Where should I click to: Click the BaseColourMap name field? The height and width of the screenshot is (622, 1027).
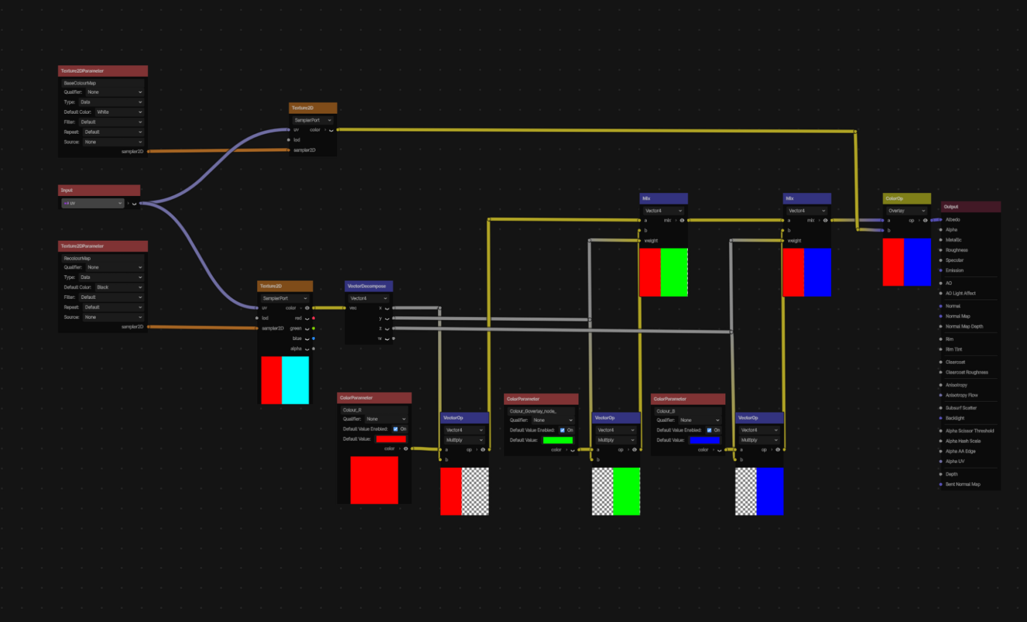pos(102,83)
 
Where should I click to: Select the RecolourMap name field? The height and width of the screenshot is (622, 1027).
pos(102,258)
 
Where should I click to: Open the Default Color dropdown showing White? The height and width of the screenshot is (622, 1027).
pos(119,112)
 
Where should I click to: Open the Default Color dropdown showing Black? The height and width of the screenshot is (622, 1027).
pos(119,287)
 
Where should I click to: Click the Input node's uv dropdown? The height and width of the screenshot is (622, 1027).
pos(92,203)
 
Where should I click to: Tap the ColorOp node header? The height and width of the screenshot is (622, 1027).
pos(906,198)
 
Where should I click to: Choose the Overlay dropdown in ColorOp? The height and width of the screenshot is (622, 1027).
pos(906,211)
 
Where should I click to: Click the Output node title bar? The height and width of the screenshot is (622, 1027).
pos(970,207)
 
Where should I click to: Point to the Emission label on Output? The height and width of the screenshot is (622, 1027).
pos(954,270)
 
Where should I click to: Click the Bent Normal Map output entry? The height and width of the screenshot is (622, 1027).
pos(963,485)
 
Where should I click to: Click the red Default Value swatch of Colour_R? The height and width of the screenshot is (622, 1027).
pos(391,439)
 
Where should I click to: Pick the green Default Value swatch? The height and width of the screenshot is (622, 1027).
pos(557,440)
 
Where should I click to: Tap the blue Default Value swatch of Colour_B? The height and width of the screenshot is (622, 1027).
pos(704,440)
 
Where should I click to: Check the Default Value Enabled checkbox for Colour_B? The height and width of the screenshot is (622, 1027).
pos(709,430)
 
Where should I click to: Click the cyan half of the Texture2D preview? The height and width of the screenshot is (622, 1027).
pos(296,380)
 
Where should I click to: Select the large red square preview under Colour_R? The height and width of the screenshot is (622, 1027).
pos(374,480)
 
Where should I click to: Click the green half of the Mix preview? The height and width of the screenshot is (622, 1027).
pos(674,272)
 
